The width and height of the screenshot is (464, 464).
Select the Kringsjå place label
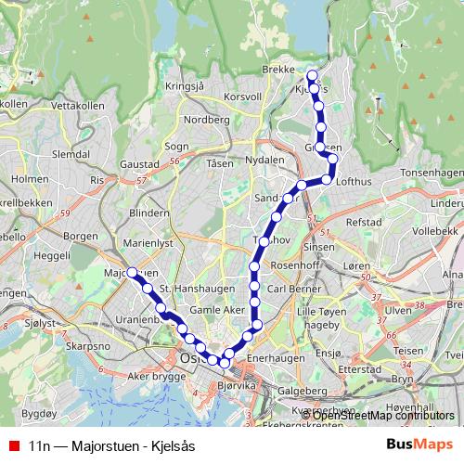[183, 85]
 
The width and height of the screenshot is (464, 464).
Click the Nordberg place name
[207, 120]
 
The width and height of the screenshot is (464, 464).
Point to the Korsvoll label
[243, 96]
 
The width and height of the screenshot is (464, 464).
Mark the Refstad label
[363, 223]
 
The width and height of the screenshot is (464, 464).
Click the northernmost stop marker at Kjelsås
[312, 75]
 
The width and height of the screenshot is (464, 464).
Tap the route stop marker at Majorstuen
[132, 272]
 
